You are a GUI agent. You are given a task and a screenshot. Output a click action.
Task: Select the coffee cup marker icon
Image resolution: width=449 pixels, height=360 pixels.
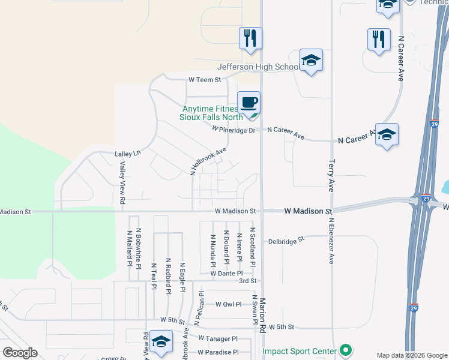coord(249,103)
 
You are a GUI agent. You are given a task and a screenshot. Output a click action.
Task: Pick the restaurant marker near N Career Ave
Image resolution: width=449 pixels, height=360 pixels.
coord(379,40)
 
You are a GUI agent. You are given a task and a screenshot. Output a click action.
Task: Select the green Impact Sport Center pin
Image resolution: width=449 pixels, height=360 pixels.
coord(345,349)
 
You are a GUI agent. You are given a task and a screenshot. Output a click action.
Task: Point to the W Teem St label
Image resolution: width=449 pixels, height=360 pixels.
coord(205,79)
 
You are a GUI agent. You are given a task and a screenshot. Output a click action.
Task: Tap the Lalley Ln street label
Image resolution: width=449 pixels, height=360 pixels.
coord(127,154)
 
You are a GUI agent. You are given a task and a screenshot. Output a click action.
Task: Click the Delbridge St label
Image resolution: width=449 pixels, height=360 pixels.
coord(287,239)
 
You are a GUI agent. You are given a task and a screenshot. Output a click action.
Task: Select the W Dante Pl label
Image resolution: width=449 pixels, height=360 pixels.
coord(226,274)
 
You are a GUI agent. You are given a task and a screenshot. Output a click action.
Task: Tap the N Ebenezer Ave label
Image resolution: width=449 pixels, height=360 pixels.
coord(331,241)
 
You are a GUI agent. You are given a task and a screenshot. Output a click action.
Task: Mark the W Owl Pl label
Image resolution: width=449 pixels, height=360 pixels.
coord(228,304)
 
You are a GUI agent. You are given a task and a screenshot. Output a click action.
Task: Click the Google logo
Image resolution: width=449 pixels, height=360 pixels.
coord(20,353)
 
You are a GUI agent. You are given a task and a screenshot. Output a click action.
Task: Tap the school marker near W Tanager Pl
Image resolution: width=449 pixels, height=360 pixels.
coord(161,342)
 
